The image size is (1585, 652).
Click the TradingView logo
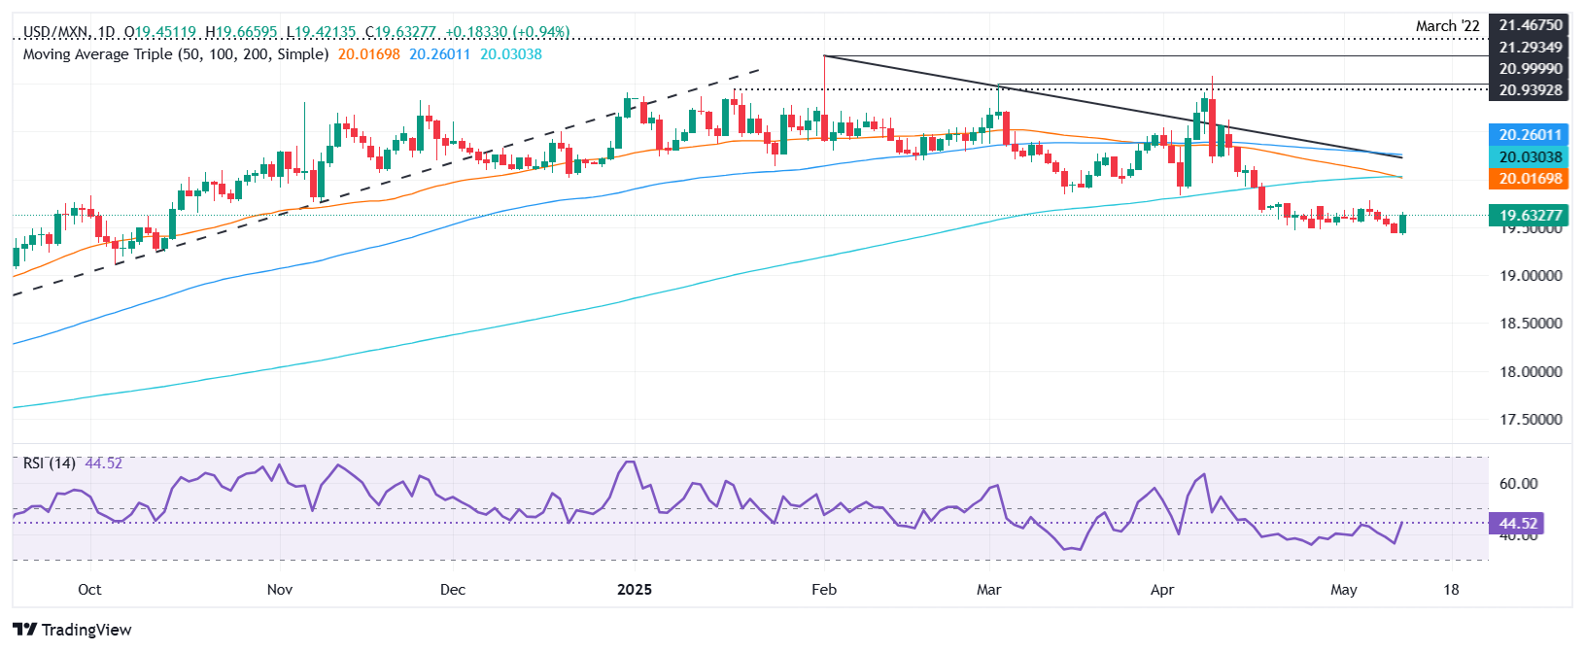(x=73, y=630)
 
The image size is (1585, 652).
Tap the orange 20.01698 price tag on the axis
(x=1530, y=179)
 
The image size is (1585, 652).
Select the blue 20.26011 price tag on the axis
(x=1530, y=135)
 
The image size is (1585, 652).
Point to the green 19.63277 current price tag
(x=1530, y=216)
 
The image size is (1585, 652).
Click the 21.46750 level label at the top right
(x=1530, y=26)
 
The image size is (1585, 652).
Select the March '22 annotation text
(x=1447, y=26)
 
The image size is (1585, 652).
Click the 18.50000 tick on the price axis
(x=1530, y=324)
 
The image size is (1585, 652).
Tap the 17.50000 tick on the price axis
(x=1530, y=420)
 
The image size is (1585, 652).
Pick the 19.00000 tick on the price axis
(x=1530, y=276)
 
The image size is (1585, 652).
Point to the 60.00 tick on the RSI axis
(x=1518, y=484)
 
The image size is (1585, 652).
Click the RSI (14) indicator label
(x=49, y=463)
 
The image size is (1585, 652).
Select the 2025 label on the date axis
(x=635, y=590)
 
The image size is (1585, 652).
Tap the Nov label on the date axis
(x=279, y=590)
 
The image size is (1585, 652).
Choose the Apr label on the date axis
(x=1161, y=590)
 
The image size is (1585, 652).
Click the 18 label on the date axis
(x=1451, y=590)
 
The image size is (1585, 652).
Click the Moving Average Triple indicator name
(x=175, y=54)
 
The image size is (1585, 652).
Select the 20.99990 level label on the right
(x=1530, y=68)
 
